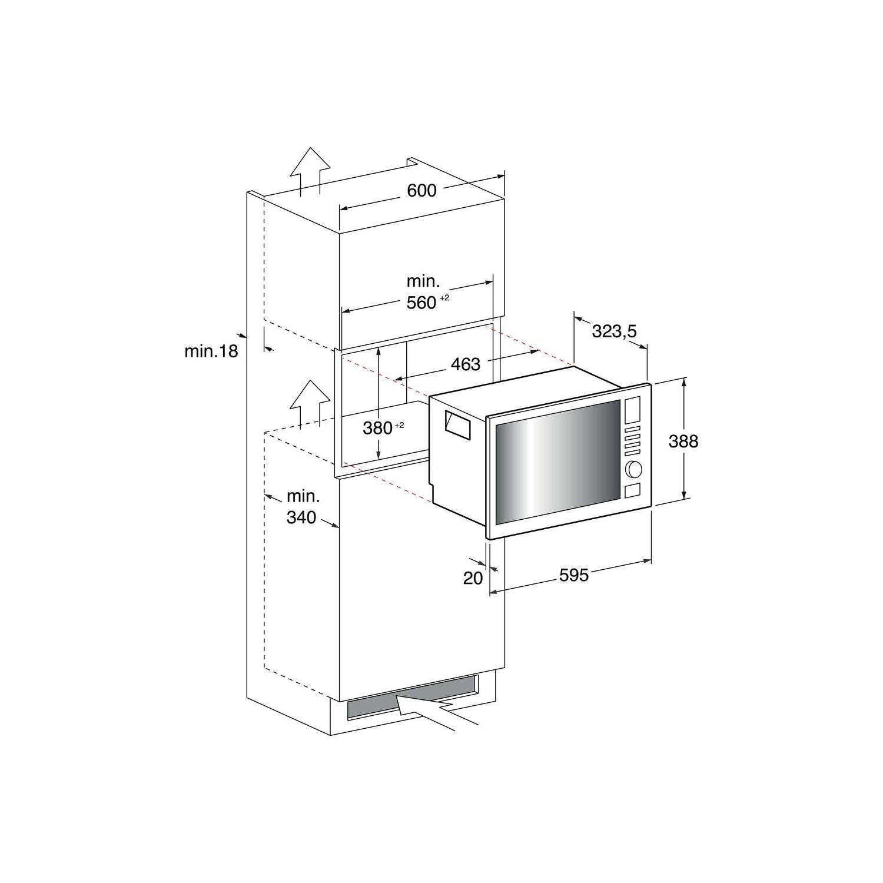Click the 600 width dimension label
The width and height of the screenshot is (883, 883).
click(421, 190)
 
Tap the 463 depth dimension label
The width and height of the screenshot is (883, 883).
click(466, 364)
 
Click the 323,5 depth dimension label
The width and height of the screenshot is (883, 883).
click(614, 332)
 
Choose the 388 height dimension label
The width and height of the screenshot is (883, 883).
click(683, 441)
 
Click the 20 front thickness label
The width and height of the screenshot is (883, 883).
click(473, 578)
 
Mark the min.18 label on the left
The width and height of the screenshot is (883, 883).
click(211, 351)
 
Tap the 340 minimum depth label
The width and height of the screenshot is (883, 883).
click(301, 517)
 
